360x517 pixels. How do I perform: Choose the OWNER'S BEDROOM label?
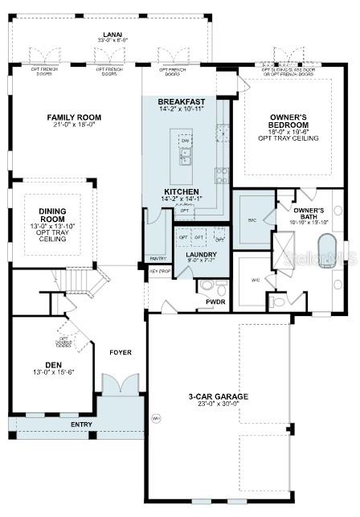288,121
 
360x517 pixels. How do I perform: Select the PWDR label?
215,302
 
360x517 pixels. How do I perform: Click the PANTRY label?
157,259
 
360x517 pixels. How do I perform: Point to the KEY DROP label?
159,271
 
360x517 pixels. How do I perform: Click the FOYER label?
120,351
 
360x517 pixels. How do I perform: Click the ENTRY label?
81,424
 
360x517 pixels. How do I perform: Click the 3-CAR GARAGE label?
218,396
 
